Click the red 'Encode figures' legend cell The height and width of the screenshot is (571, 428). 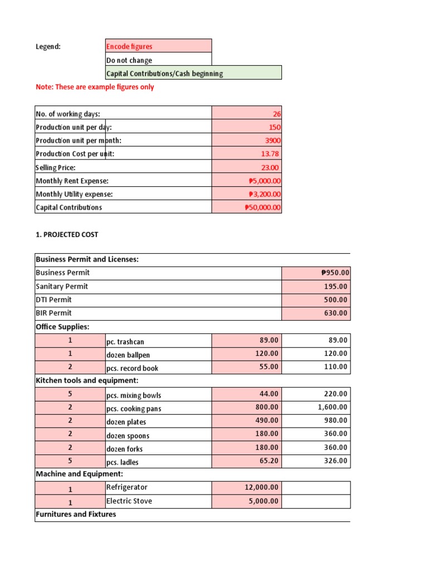(158, 46)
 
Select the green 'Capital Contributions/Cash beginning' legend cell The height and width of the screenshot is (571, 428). (193, 73)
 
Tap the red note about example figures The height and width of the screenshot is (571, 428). (95, 87)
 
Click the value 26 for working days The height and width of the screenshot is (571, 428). (276, 114)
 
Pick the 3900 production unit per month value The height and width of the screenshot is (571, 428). (273, 141)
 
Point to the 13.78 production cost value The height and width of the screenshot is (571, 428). (270, 154)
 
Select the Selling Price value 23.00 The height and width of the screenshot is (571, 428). (270, 167)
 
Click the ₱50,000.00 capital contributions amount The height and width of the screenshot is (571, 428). (263, 207)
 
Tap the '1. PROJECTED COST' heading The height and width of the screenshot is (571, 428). (67, 235)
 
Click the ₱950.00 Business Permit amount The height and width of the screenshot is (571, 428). (334, 273)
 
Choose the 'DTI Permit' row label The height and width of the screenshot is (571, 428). (53, 299)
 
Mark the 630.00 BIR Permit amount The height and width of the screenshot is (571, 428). (336, 313)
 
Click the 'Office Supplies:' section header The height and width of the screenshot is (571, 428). (62, 327)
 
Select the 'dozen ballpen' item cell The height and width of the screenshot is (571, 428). (128, 355)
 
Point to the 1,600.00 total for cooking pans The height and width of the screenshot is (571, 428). (332, 407)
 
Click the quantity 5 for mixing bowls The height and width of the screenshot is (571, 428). (70, 394)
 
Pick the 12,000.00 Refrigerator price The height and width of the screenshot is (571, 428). (261, 487)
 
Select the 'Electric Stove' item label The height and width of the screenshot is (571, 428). (129, 501)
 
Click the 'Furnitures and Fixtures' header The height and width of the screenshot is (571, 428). (76, 514)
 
